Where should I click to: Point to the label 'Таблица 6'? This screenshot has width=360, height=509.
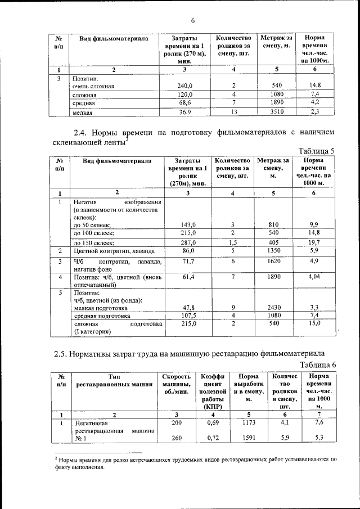(317, 366)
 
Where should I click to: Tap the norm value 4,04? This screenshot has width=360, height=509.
(314, 277)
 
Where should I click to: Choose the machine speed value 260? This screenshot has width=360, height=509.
(176, 438)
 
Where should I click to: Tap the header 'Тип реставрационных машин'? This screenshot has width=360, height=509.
(115, 380)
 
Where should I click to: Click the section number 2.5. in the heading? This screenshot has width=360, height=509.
(63, 354)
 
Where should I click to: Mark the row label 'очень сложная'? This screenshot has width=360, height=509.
(93, 86)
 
